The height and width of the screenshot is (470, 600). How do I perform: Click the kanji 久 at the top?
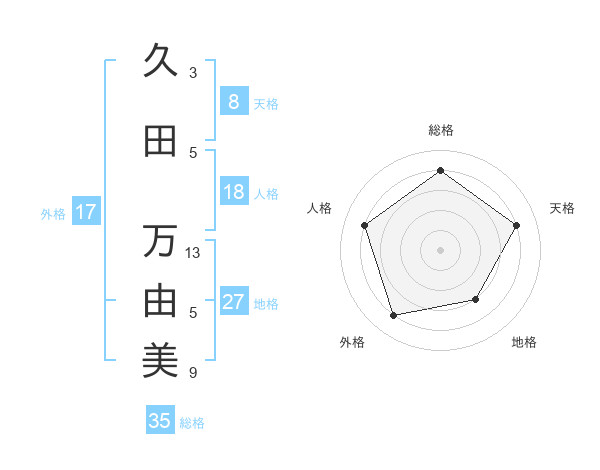coord(160,62)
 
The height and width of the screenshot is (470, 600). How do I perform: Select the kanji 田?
coord(160,142)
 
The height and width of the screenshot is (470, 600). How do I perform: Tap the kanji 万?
coord(160,241)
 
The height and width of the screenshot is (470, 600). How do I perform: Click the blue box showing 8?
coord(233,102)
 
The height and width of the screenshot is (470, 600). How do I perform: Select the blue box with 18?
coord(233,192)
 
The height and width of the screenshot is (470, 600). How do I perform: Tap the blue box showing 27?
coord(233,302)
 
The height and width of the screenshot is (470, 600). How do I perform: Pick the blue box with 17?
coord(85,212)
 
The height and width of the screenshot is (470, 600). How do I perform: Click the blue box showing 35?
coord(160,421)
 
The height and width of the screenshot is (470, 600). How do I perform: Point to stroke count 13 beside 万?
coord(193,252)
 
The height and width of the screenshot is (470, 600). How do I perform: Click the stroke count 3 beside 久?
coord(193,73)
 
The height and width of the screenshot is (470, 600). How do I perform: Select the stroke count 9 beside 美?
coord(193,373)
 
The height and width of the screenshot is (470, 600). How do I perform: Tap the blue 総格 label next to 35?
coord(192,423)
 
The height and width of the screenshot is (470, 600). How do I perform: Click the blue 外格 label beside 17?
coord(53,213)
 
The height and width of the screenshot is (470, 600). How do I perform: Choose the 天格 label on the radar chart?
coord(562,208)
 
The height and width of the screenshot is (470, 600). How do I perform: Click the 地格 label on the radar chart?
coord(524,342)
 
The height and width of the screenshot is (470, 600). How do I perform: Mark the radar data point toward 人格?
coord(365,225)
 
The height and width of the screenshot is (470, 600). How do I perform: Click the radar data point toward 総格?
coord(440,171)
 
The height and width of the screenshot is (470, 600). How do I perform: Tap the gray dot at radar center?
coord(440,249)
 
